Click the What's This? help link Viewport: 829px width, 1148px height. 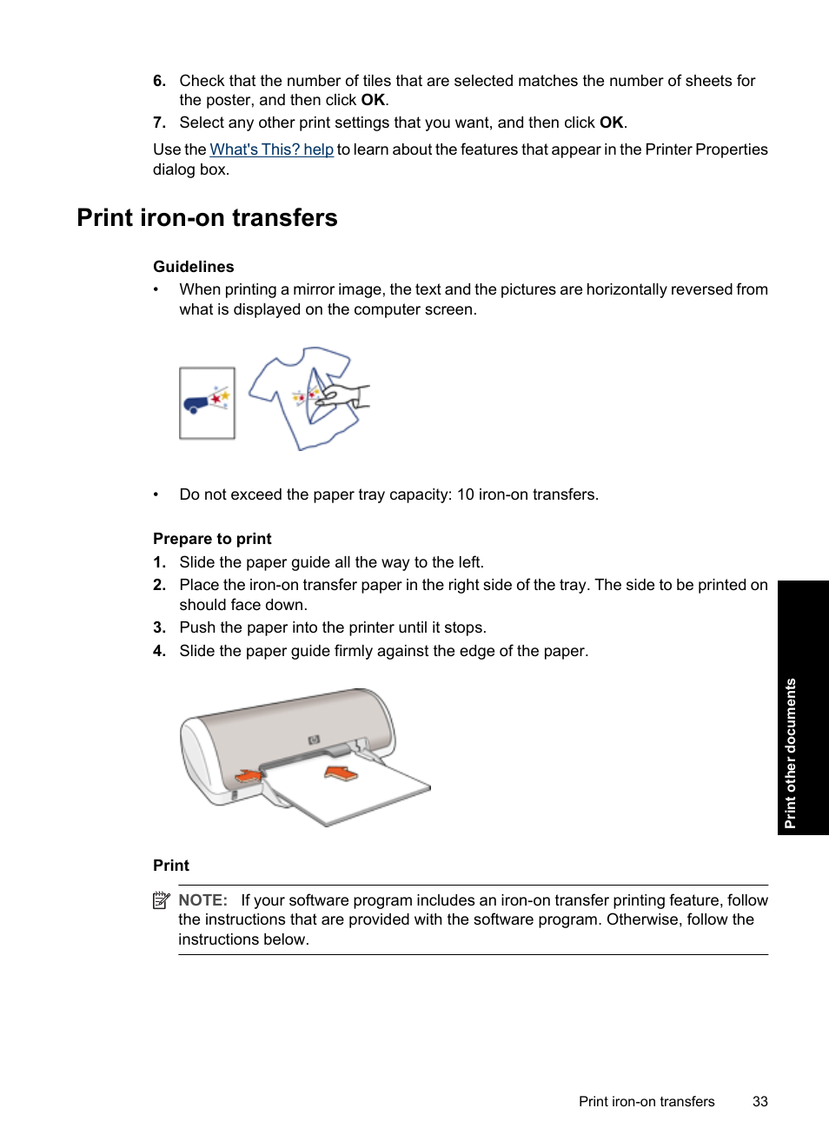click(271, 149)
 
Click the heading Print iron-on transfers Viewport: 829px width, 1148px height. click(207, 217)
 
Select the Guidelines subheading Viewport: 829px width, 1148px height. click(193, 267)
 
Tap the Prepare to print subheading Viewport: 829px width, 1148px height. click(212, 539)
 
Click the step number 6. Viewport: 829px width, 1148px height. click(159, 81)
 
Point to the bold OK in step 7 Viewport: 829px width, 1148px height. click(611, 123)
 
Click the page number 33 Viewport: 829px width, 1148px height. click(759, 1101)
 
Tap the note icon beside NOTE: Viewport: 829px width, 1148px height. click(161, 900)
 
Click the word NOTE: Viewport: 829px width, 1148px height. click(202, 900)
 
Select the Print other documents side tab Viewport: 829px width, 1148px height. click(791, 752)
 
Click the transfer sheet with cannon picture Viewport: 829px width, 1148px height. click(207, 402)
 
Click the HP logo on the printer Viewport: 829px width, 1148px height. click(314, 740)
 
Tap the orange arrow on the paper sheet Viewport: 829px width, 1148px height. click(341, 773)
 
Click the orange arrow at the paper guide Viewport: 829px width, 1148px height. click(249, 775)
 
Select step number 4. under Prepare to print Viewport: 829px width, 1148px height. click(159, 651)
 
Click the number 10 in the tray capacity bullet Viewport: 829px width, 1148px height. click(465, 494)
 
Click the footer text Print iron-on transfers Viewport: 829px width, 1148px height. click(647, 1101)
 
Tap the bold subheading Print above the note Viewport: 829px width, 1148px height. click(170, 866)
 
